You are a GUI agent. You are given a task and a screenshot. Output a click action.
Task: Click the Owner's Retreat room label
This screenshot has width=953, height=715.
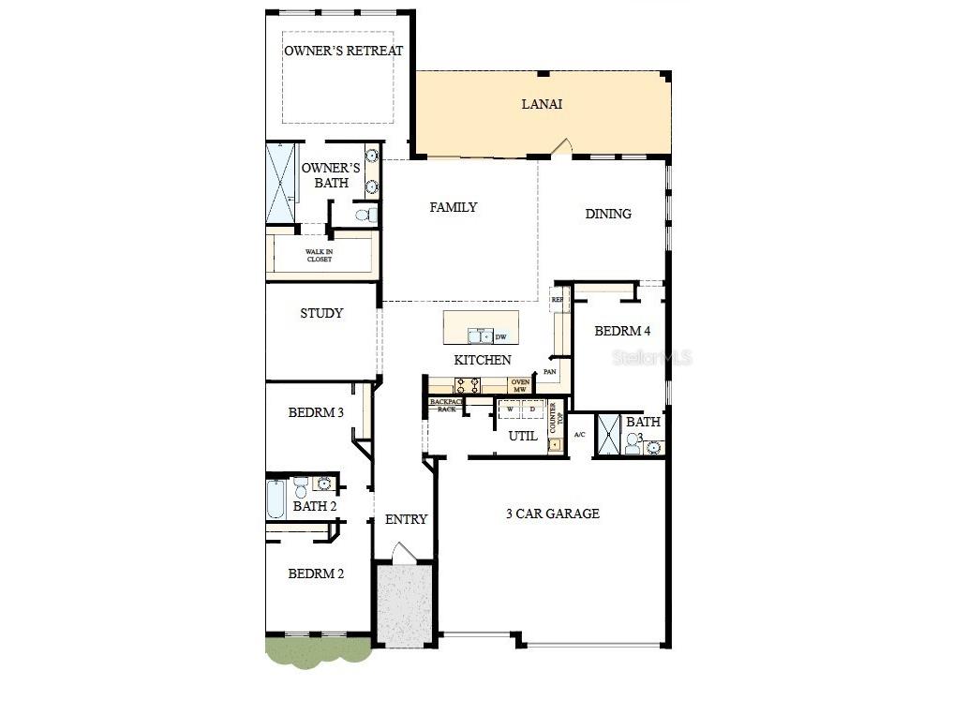(343, 51)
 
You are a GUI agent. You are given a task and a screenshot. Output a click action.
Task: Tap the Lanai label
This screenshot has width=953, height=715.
(542, 104)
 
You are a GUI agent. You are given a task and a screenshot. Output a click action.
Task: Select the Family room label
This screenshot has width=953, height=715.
(454, 207)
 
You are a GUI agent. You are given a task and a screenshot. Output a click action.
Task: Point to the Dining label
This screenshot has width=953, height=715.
(608, 214)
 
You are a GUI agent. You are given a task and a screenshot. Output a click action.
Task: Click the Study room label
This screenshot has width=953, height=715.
(321, 313)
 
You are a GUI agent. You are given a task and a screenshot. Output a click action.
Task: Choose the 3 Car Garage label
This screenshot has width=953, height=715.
(553, 514)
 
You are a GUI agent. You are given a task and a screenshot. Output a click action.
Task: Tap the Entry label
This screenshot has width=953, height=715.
(406, 519)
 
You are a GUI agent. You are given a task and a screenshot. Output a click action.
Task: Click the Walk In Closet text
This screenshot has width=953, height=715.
(319, 255)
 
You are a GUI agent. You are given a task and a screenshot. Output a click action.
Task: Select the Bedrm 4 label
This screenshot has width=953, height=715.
(622, 331)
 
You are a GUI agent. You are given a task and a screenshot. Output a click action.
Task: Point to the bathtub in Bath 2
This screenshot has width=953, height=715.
(276, 499)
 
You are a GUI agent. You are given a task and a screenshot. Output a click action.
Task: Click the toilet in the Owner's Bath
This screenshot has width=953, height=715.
(365, 216)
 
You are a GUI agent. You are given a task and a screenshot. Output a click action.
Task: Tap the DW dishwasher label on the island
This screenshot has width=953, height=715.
(500, 337)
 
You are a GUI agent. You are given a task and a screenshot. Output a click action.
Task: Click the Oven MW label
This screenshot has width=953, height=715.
(520, 385)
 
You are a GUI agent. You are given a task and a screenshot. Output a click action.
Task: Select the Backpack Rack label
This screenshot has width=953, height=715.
(446, 405)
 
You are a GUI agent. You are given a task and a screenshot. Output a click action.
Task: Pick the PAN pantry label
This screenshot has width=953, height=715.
(550, 372)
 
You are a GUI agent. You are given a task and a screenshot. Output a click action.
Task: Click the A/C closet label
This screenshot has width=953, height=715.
(579, 434)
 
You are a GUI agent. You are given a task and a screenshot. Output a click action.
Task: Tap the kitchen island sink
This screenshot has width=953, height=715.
(481, 335)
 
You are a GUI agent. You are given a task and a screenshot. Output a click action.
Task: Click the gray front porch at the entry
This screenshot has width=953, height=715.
(404, 604)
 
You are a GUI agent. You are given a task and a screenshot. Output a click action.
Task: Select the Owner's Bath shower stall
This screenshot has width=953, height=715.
(281, 183)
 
